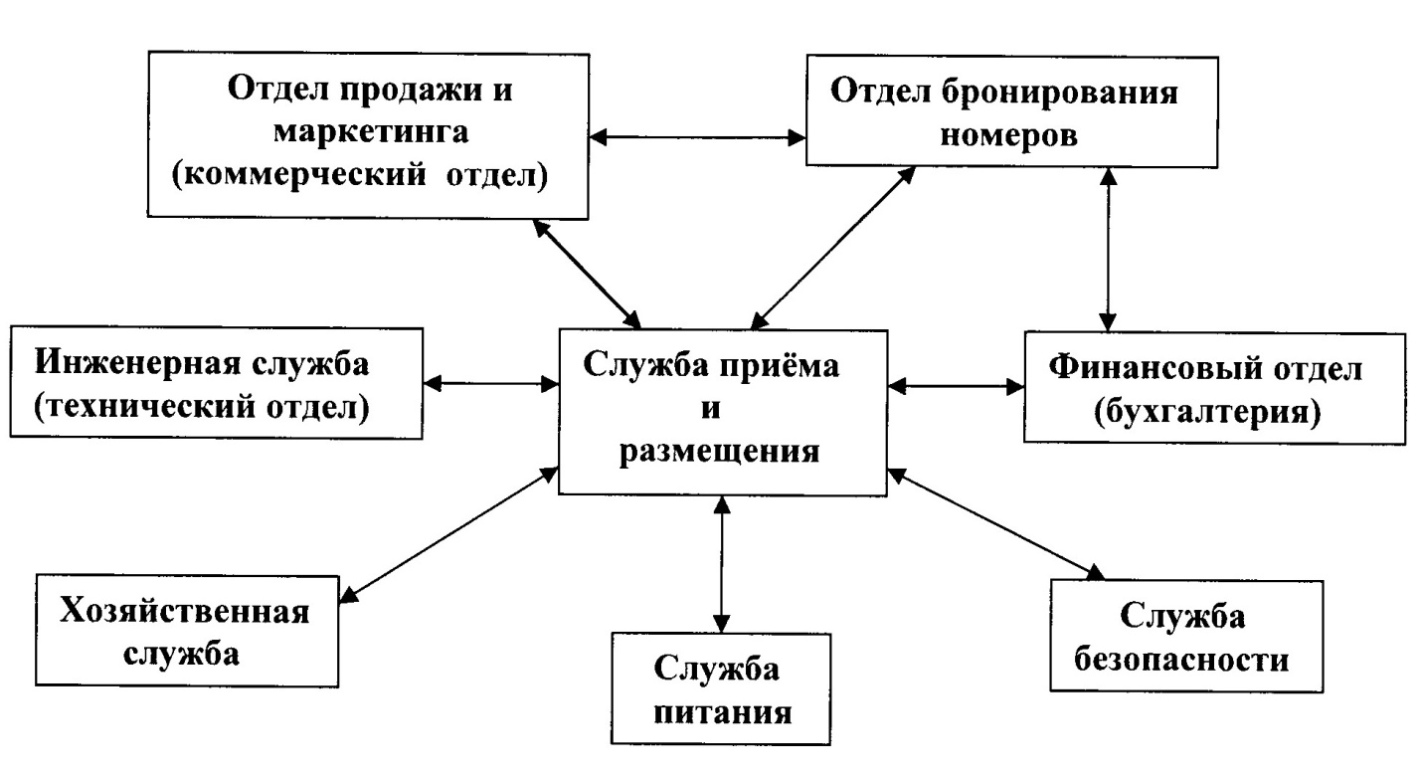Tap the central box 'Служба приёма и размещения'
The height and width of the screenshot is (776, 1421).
(x=723, y=408)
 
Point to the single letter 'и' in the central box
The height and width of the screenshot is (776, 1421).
(x=723, y=409)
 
